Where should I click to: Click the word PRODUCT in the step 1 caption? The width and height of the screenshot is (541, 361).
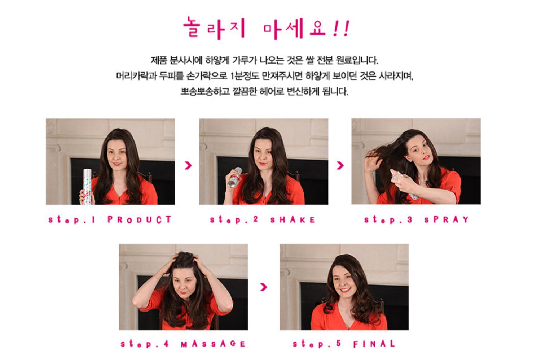pos(139,219)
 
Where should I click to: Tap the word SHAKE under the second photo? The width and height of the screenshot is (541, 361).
pos(293,220)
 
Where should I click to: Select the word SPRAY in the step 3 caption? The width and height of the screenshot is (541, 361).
pos(447,219)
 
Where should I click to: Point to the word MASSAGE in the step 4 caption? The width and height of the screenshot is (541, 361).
pos(213,344)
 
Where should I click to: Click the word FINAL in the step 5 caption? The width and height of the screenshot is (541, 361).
pos(374,344)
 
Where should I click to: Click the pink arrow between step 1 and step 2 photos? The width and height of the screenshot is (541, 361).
pos(188,165)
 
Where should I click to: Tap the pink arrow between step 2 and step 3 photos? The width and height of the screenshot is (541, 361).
pos(340,165)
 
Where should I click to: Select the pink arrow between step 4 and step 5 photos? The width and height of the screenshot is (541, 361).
pos(264,287)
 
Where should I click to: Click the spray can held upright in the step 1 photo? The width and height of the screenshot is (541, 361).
pos(87,187)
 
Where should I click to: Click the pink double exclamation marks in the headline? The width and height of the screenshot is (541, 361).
pos(341,29)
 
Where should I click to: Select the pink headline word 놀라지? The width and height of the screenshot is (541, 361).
pos(214,28)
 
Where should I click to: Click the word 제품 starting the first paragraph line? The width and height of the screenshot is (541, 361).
pos(159,60)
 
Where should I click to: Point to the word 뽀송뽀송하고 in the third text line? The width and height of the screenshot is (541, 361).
pos(205,92)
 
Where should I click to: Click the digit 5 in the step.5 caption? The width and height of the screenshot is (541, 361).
pos(339,343)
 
